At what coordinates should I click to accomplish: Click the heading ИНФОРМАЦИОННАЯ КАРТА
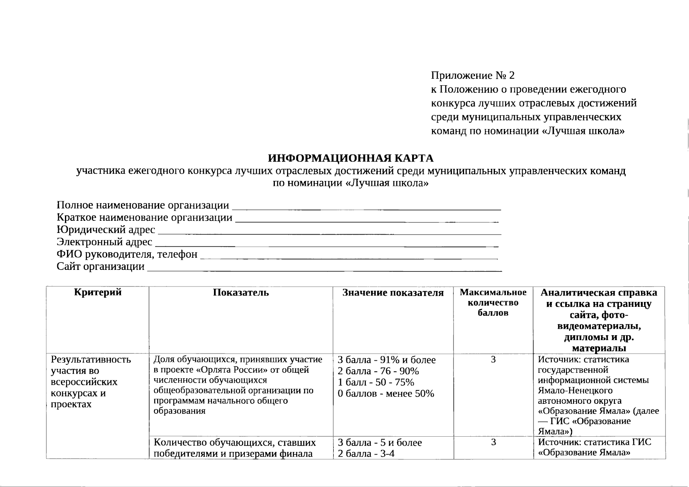(x=350, y=158)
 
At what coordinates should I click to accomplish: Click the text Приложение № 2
(x=473, y=75)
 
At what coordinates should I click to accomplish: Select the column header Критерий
(x=97, y=293)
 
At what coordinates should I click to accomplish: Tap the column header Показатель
(x=241, y=293)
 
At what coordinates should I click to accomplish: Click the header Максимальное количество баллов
(x=493, y=303)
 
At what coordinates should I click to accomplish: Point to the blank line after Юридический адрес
(x=329, y=233)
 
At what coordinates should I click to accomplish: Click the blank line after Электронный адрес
(x=327, y=246)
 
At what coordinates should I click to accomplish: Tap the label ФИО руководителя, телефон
(x=127, y=254)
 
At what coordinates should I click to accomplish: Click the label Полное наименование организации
(x=143, y=205)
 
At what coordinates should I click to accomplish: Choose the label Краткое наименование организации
(x=145, y=218)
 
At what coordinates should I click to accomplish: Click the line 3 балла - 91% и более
(x=387, y=360)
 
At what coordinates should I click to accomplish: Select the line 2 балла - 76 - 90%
(x=378, y=371)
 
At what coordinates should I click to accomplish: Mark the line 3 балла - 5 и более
(x=380, y=443)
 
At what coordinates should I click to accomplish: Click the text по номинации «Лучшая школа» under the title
(x=350, y=183)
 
